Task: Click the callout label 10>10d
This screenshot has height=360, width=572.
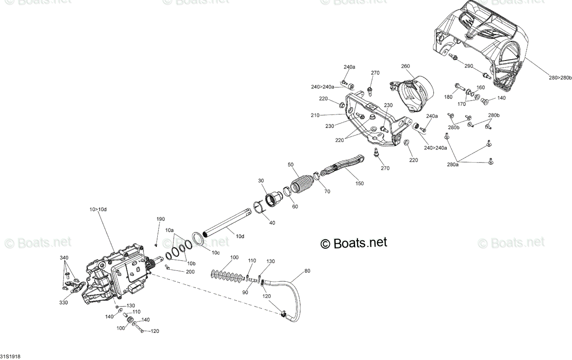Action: coord(98,209)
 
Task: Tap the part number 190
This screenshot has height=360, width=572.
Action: coord(161,219)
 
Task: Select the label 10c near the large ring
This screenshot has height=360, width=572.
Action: coord(215,253)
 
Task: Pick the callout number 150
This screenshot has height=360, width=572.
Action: coord(359,184)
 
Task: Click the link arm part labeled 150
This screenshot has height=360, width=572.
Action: coord(342,165)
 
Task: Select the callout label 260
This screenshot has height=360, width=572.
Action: coord(406,66)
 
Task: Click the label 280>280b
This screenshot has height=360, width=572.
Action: coord(560,78)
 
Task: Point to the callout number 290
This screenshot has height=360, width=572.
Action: coord(469,66)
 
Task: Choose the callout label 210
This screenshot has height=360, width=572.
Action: coord(315,115)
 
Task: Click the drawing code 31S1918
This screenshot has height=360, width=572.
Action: coord(10,356)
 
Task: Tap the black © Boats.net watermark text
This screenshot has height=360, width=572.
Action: coord(354,243)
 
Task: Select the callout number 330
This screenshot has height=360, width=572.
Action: coord(63,302)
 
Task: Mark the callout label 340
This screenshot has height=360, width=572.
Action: coord(64,258)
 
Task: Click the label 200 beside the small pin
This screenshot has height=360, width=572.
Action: coord(190,272)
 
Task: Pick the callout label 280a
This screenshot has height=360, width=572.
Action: coord(453,165)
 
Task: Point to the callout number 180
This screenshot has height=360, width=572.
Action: coord(448,97)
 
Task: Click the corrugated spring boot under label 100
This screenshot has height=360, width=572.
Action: coord(228,276)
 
